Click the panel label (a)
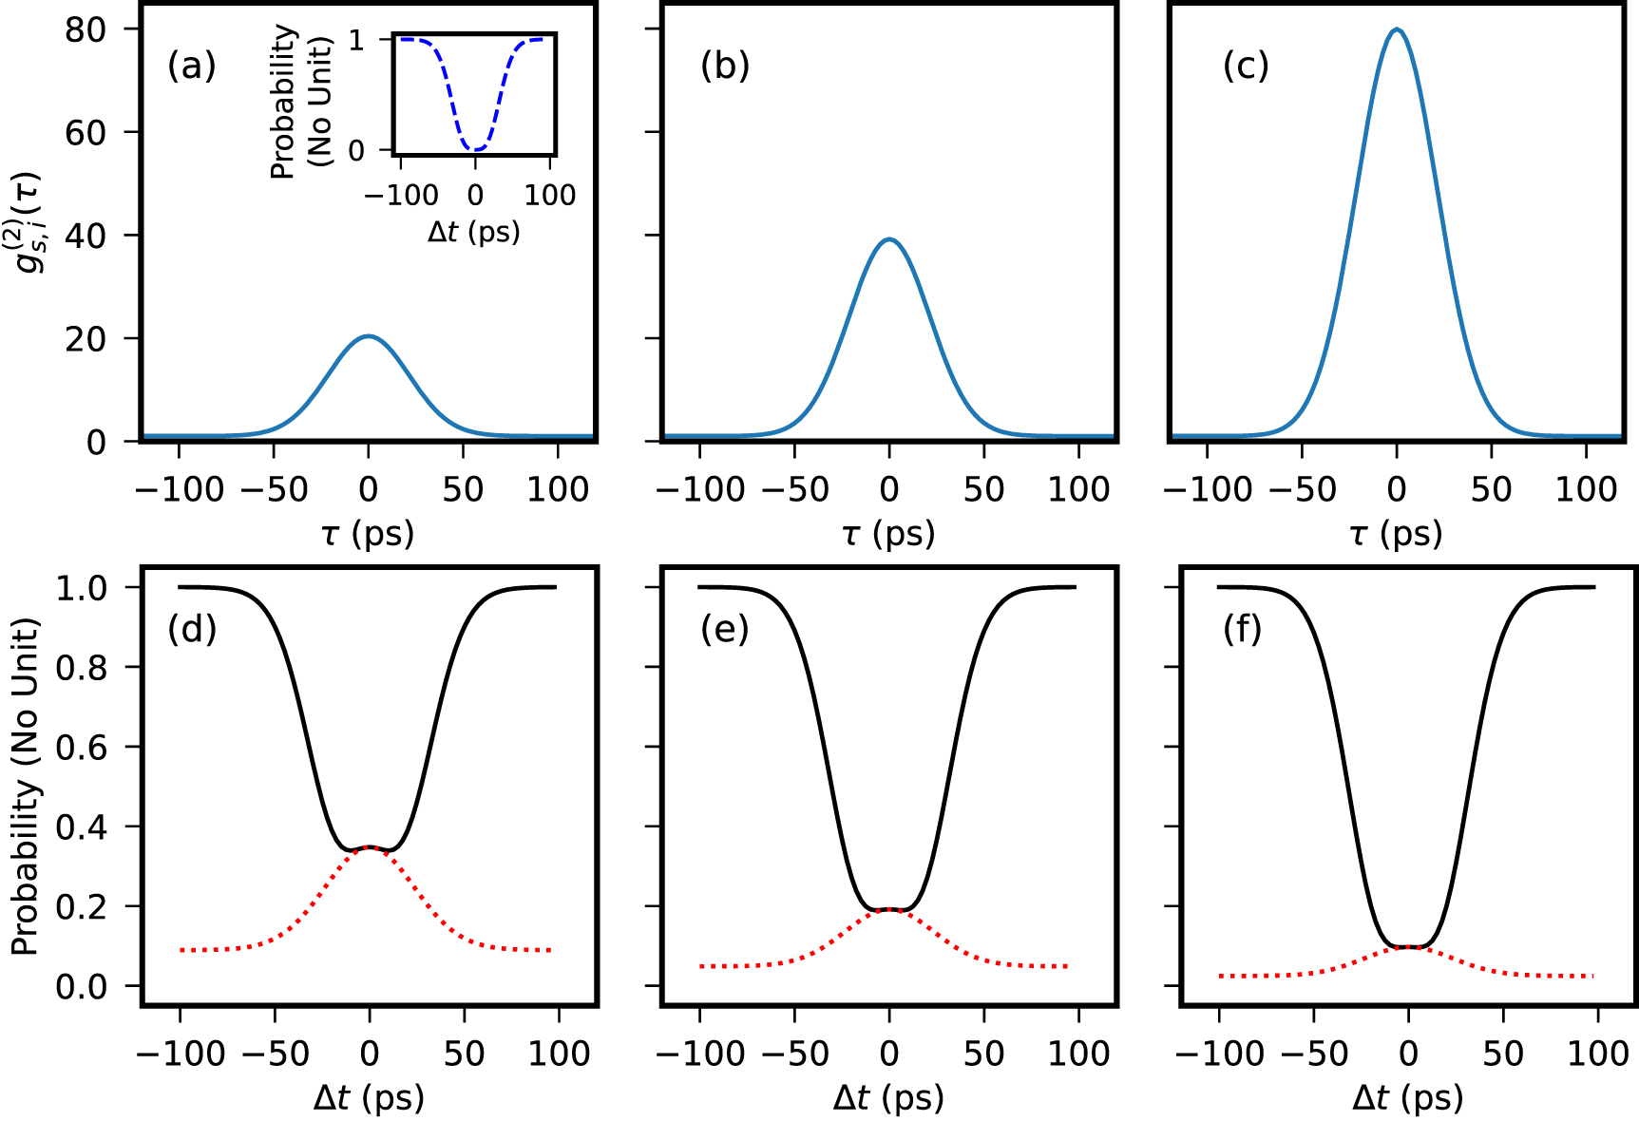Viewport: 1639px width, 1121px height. (x=191, y=66)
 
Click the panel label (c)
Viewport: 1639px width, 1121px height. (x=1245, y=66)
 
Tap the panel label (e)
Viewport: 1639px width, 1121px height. (x=724, y=630)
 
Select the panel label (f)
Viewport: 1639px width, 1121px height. (x=1242, y=630)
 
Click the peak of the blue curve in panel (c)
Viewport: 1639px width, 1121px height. (x=1396, y=29)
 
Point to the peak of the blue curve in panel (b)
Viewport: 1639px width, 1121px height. (x=889, y=239)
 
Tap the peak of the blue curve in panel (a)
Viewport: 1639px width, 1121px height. (x=369, y=336)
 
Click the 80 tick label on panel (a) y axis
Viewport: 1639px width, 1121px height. (x=85, y=29)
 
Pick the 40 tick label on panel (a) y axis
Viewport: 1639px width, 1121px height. (x=85, y=236)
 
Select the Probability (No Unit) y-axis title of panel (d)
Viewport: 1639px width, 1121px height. (x=26, y=787)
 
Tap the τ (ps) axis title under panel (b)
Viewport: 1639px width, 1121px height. (x=888, y=534)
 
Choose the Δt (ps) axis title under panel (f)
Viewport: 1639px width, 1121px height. (x=1408, y=1098)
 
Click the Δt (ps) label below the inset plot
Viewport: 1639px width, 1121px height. (x=473, y=232)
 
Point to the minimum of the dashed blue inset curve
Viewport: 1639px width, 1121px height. (x=475, y=149)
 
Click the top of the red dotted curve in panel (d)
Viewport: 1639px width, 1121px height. (x=370, y=846)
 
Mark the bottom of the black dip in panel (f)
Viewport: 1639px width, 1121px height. (x=1409, y=946)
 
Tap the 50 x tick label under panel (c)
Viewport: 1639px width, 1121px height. (x=1491, y=489)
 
